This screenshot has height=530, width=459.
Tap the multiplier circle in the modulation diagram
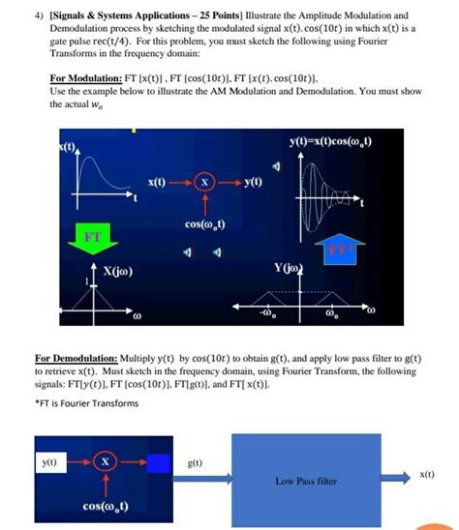[x=202, y=182]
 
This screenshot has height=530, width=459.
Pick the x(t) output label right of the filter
[x=426, y=474]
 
